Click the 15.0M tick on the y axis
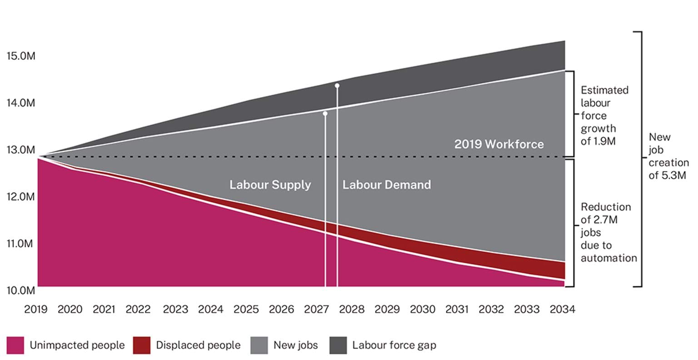tap(20, 56)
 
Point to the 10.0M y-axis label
tap(20, 290)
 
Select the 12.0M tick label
tap(20, 197)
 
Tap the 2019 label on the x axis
tap(35, 310)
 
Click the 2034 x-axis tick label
tap(562, 310)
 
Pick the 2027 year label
tap(316, 310)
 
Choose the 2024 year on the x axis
tap(211, 310)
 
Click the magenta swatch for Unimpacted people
tap(15, 345)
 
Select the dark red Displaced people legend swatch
tap(142, 345)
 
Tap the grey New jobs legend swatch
tap(259, 345)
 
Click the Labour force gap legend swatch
tap(338, 345)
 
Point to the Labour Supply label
tap(270, 185)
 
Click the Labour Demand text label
tap(386, 185)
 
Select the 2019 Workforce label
tap(499, 145)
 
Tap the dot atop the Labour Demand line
tap(337, 85)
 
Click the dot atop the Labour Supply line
tap(325, 114)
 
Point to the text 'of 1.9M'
tap(598, 141)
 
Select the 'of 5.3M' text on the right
tap(667, 175)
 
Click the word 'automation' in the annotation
tap(608, 258)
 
